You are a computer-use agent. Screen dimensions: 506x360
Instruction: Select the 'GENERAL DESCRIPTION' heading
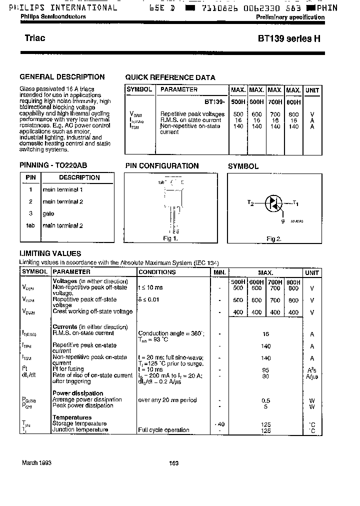[62, 77]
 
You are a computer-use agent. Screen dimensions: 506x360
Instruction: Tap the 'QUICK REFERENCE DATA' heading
[170, 77]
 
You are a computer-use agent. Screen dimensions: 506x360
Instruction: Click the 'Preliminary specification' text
[290, 17]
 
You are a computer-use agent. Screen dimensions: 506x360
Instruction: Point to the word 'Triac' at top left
[35, 38]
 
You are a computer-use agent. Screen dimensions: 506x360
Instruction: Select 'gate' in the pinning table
[48, 213]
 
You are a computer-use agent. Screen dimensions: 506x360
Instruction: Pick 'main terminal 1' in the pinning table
[62, 189]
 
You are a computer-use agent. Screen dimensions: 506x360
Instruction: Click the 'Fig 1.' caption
[170, 238]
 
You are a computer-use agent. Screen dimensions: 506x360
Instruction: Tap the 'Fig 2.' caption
[273, 239]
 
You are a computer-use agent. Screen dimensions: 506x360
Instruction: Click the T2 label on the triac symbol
[251, 202]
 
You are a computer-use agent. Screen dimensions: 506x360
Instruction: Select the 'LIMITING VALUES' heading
[50, 253]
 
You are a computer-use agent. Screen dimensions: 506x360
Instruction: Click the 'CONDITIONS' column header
[157, 272]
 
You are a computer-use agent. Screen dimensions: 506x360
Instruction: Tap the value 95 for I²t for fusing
[265, 370]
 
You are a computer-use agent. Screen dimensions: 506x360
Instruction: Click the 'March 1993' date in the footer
[36, 463]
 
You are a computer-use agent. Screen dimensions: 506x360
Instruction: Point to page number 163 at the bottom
[173, 463]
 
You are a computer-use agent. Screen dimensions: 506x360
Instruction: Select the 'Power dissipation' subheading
[78, 393]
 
